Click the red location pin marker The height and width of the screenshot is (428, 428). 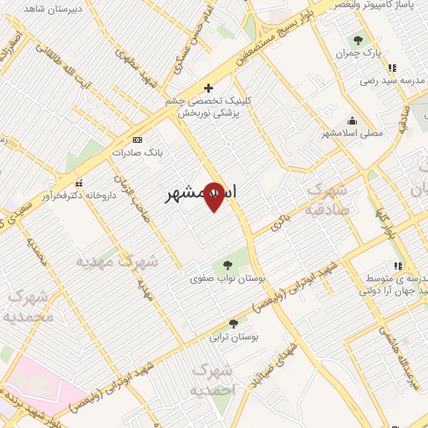tap(214, 196)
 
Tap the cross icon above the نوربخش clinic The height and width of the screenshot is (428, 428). tap(209, 87)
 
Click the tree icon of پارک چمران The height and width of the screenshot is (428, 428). tap(359, 40)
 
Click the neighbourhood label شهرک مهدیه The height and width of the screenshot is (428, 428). tap(117, 261)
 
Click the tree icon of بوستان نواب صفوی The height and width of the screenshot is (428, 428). tap(227, 266)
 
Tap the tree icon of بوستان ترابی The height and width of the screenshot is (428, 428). tap(233, 324)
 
